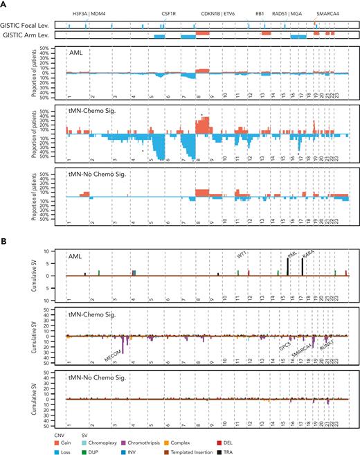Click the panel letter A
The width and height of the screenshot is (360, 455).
(x=3, y=4)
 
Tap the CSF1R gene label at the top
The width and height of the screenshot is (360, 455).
(x=170, y=12)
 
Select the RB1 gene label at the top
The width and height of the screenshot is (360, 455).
(x=260, y=12)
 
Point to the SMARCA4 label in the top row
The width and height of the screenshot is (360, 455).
(x=327, y=12)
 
